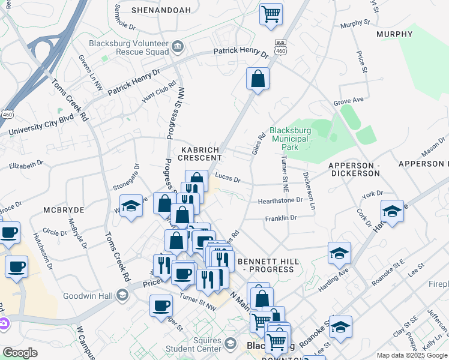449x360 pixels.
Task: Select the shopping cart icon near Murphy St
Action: tap(271, 14)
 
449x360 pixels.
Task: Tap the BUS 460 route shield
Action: tap(280, 49)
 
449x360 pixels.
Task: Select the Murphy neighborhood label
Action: tap(394, 34)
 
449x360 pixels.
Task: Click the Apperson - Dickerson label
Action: tap(354, 169)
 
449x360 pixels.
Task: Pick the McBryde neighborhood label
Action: tap(63, 209)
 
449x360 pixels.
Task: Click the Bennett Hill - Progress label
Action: tap(266, 265)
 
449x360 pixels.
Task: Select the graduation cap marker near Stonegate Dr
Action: tap(130, 206)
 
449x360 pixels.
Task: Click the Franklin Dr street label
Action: tap(281, 218)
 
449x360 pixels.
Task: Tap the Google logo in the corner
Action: tap(20, 353)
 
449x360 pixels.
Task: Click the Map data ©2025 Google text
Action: tap(411, 355)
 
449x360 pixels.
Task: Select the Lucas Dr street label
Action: tap(228, 179)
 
